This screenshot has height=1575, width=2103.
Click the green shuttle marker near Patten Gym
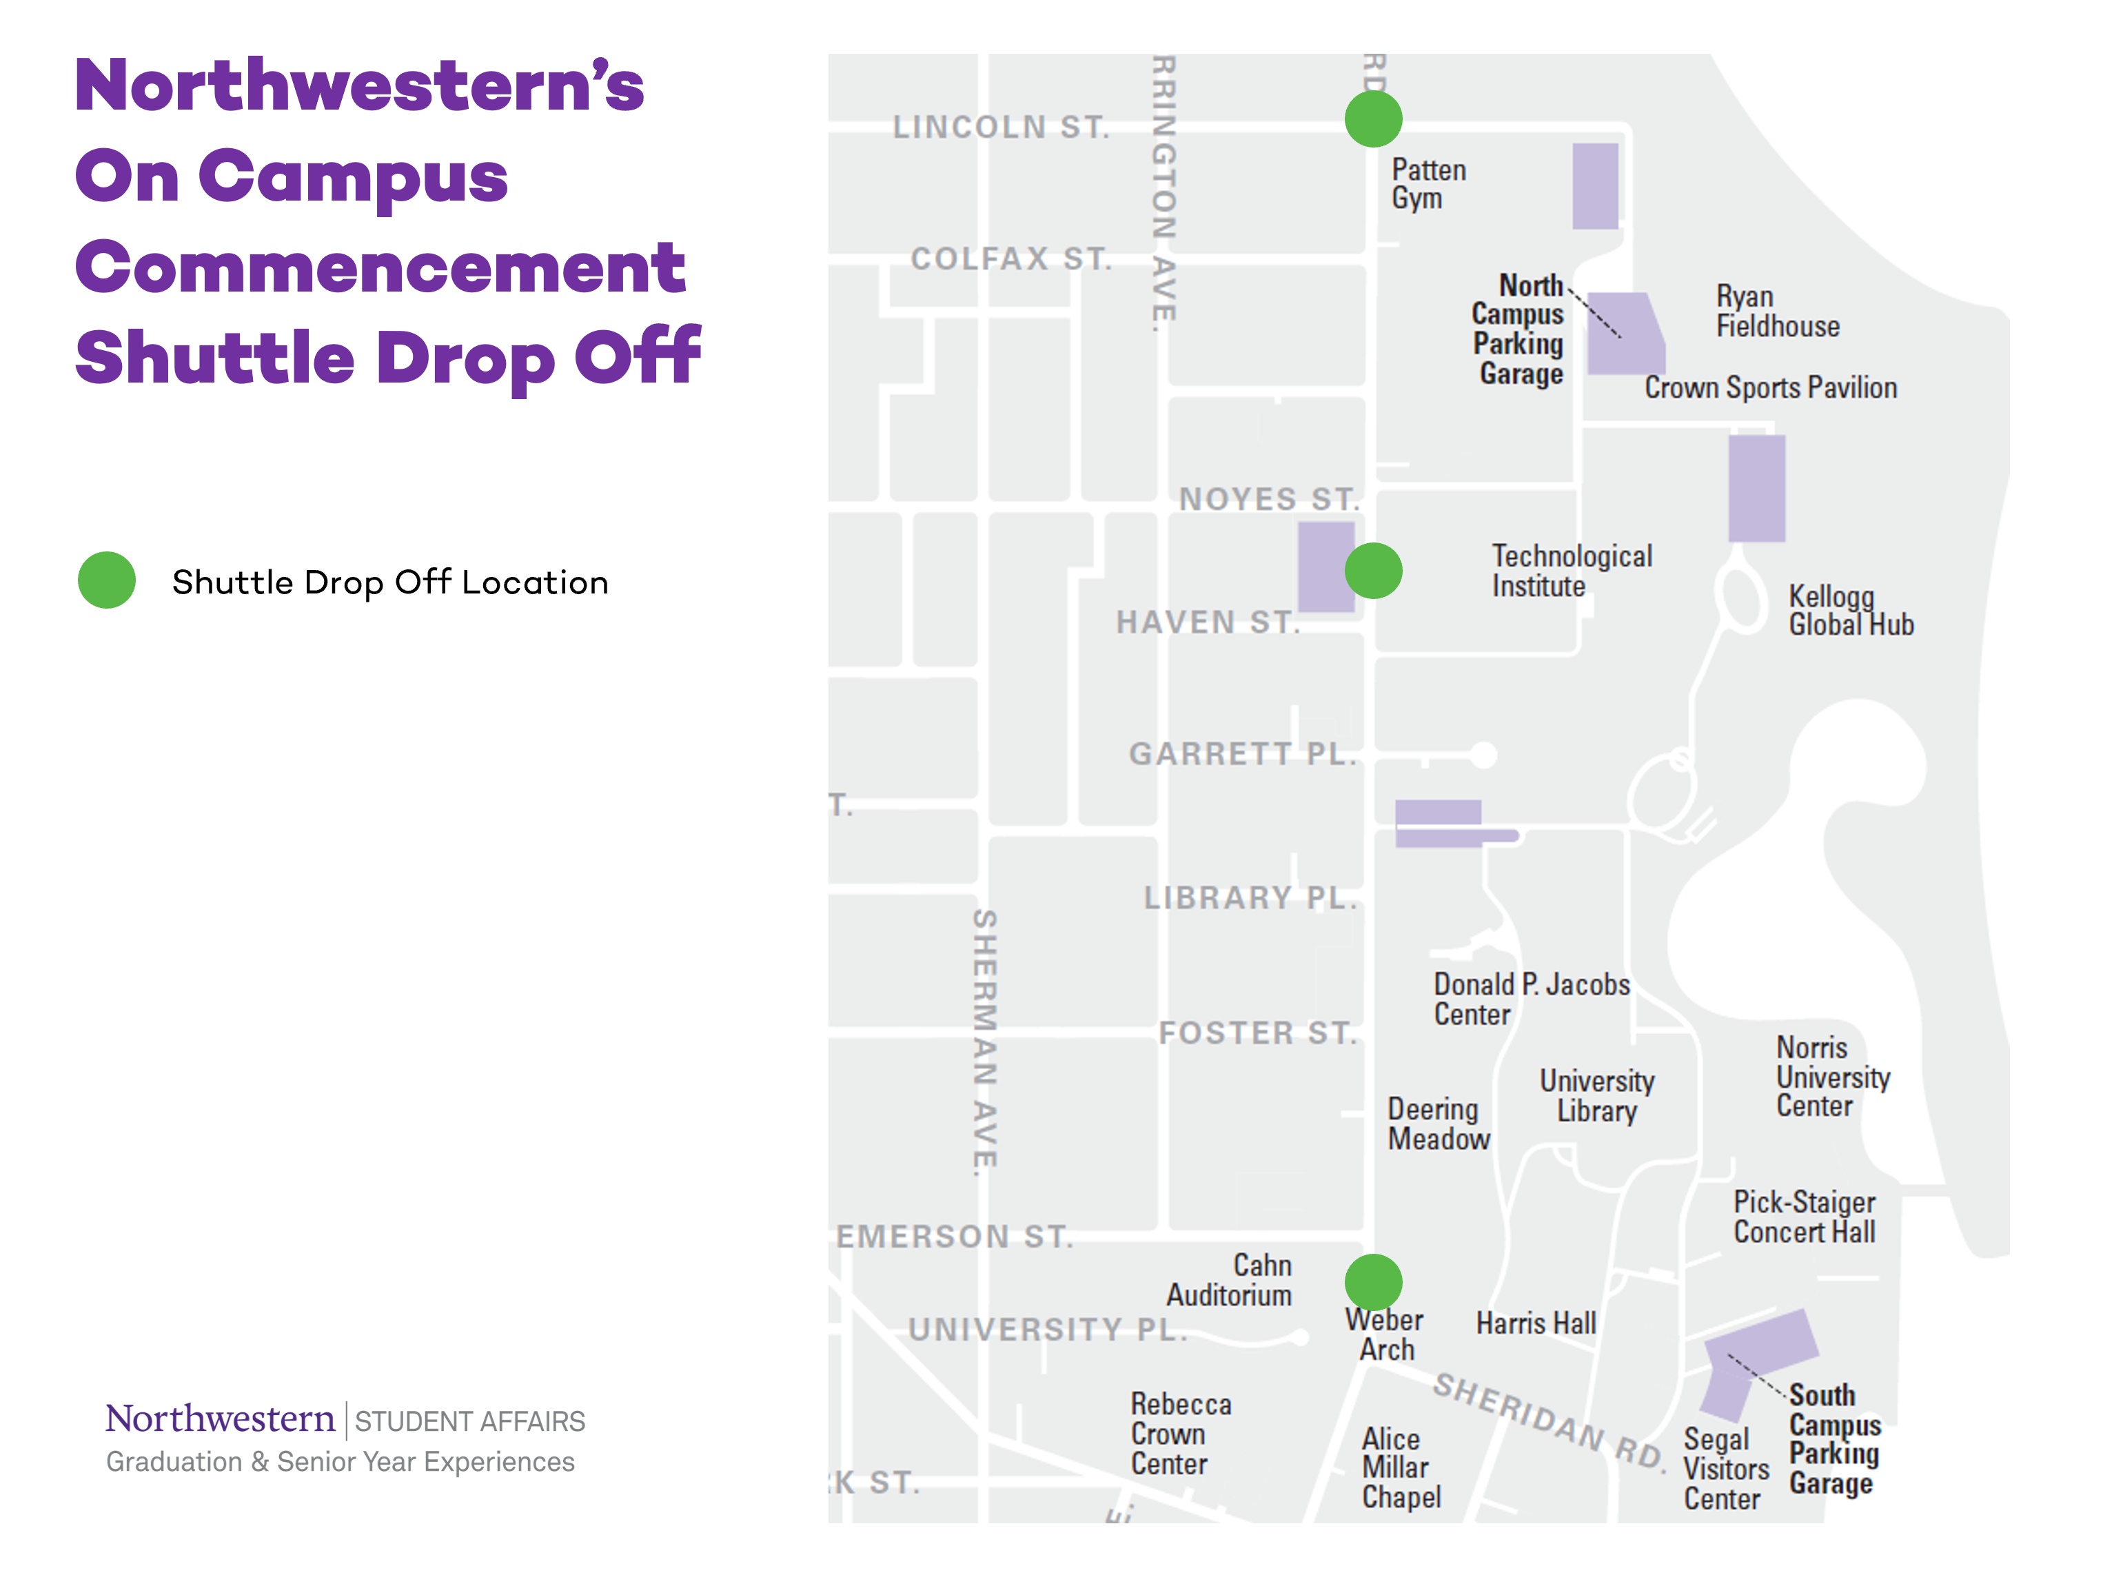[x=1373, y=119]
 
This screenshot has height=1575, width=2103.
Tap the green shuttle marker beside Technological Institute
[x=1373, y=570]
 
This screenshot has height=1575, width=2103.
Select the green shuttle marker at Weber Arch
[x=1373, y=1281]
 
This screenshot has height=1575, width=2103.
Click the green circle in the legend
[x=106, y=580]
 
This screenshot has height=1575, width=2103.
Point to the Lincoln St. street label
[x=1001, y=128]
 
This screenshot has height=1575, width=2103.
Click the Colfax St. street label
[x=1010, y=258]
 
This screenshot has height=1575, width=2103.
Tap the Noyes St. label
[x=1268, y=499]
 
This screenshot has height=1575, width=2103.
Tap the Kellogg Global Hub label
[x=1850, y=610]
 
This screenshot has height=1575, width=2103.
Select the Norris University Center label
[x=1832, y=1077]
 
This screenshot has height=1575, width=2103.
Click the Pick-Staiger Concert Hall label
[x=1804, y=1217]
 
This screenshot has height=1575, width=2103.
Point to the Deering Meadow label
[x=1437, y=1124]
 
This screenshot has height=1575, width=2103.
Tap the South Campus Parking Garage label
[x=1834, y=1439]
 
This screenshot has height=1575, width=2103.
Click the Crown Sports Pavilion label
[x=1770, y=388]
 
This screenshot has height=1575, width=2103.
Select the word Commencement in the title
[x=380, y=268]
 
